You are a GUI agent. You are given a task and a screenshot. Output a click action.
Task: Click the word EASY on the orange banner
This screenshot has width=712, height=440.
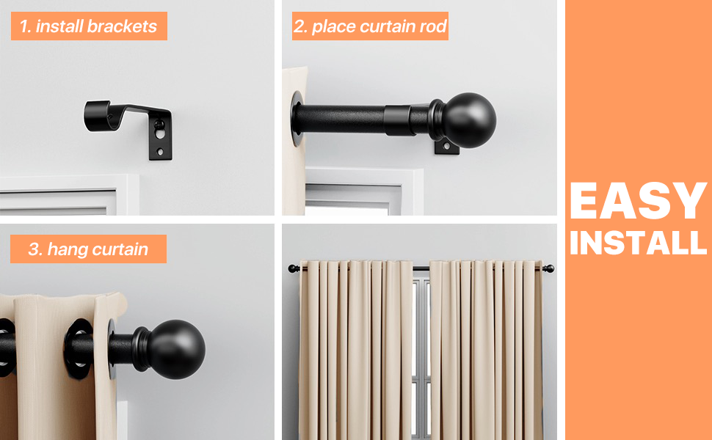pyautogui.click(x=637, y=202)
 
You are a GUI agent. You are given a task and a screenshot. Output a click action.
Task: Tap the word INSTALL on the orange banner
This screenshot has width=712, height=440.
pyautogui.click(x=637, y=243)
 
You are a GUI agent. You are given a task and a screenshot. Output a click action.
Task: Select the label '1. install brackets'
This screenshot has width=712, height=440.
pyautogui.click(x=88, y=27)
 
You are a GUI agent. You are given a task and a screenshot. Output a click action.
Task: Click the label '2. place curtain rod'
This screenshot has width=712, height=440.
pyautogui.click(x=370, y=27)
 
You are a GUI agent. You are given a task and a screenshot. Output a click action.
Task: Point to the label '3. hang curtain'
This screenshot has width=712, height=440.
pyautogui.click(x=88, y=249)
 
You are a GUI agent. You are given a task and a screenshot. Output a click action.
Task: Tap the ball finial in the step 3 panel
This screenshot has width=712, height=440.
pyautogui.click(x=176, y=349)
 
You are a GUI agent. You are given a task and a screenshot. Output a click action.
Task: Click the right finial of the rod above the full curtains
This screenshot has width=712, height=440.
pyautogui.click(x=548, y=268)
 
